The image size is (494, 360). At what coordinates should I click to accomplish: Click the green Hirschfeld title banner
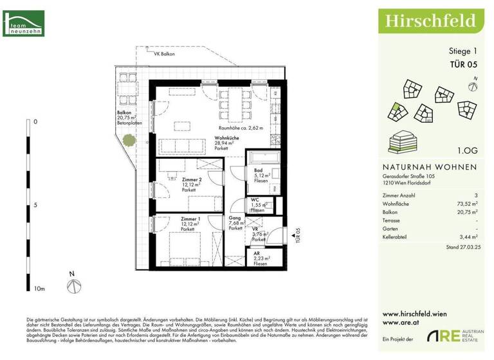(x=430, y=21)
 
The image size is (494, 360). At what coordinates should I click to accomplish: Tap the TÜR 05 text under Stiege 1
(x=463, y=64)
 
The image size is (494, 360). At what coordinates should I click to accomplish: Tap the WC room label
(x=256, y=200)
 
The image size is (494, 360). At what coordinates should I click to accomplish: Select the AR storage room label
(x=257, y=253)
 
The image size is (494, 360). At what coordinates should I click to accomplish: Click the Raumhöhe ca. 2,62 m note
(x=241, y=129)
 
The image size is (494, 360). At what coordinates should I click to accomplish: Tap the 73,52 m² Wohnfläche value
(x=465, y=202)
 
